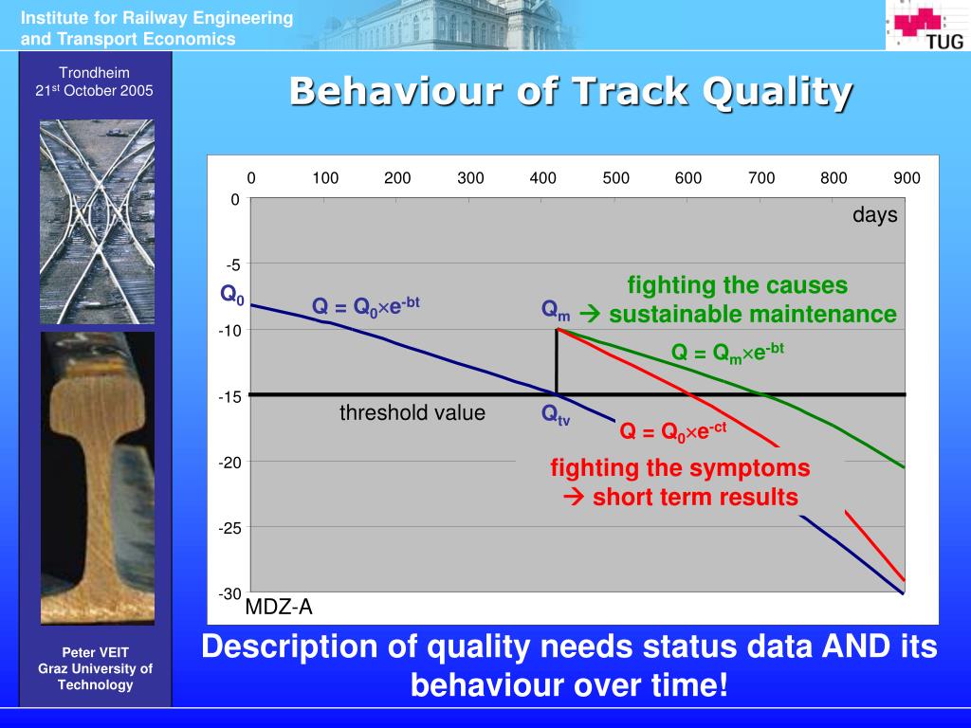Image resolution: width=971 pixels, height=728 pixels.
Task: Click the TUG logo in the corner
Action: tap(927, 26)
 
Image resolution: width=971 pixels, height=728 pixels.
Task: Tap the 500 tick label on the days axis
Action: tap(615, 178)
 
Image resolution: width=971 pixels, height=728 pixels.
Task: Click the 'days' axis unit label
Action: tap(874, 215)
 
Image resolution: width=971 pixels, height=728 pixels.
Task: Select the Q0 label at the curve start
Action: tap(232, 294)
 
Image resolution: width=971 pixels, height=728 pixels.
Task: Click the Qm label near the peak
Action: tap(556, 310)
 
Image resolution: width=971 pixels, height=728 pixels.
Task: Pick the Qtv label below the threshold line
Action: tap(556, 414)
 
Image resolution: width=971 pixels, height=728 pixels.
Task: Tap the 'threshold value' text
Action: tap(412, 413)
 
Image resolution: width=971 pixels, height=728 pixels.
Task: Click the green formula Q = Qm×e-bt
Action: tap(727, 353)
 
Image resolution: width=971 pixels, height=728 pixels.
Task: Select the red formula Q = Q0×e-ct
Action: tap(673, 430)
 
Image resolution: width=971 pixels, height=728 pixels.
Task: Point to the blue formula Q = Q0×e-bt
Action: tap(365, 305)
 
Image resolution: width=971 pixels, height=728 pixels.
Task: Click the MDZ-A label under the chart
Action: tap(279, 608)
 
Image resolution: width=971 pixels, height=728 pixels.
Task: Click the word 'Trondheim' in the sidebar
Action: tap(94, 73)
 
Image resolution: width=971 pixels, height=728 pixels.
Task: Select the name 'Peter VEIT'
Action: tap(96, 652)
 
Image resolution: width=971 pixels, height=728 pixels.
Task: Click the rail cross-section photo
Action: tap(98, 478)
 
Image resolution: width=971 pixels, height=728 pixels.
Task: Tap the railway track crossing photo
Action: tap(98, 222)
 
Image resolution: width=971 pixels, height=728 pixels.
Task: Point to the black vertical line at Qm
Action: tap(557, 362)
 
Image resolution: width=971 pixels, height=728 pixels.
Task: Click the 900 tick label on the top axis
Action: tap(907, 178)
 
